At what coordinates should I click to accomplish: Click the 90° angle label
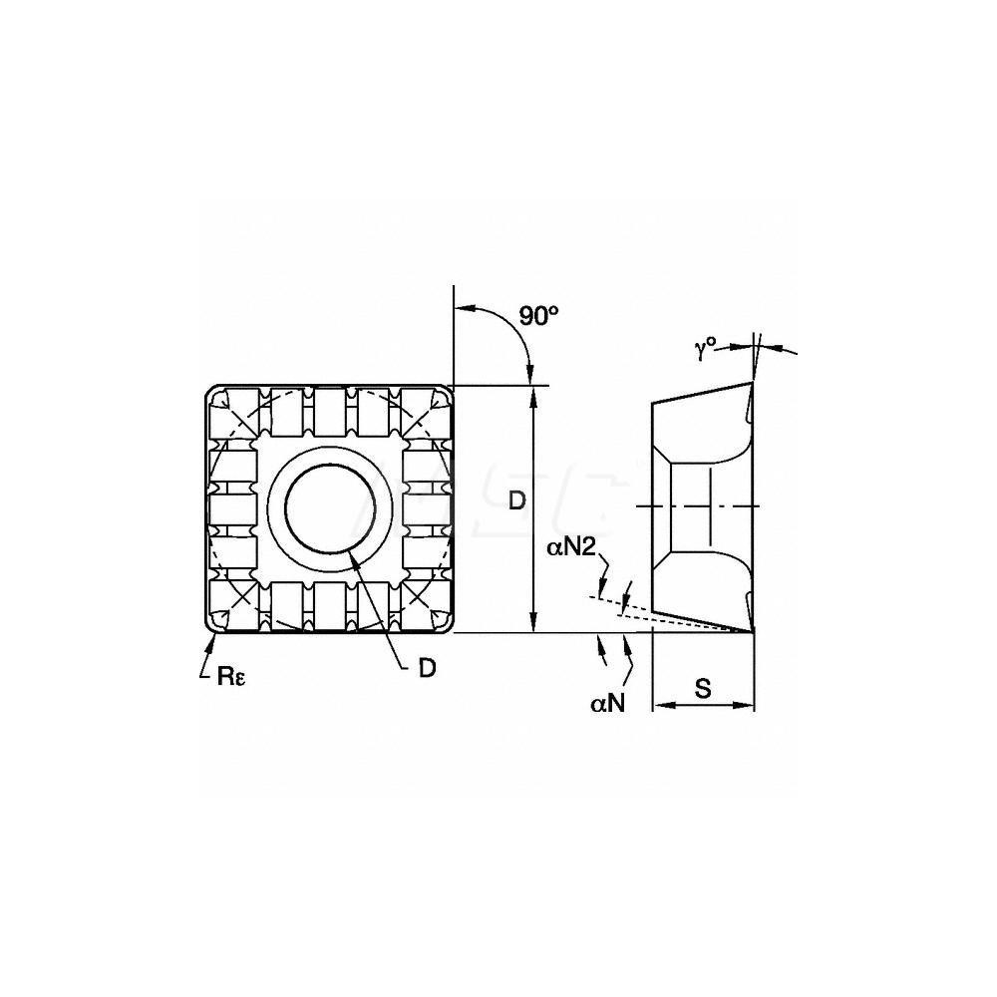click(x=539, y=316)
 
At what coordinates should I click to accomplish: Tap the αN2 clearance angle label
click(x=571, y=546)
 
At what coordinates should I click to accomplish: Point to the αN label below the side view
click(x=607, y=704)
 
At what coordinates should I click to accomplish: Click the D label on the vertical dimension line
click(x=516, y=502)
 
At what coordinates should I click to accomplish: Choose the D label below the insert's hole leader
click(x=427, y=669)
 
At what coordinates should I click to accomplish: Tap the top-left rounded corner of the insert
click(x=211, y=391)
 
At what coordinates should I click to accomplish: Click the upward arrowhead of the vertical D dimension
click(x=536, y=392)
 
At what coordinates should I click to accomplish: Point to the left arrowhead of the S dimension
click(x=657, y=705)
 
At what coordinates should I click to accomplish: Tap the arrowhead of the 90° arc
click(x=529, y=379)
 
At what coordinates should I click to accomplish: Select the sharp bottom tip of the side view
click(x=753, y=631)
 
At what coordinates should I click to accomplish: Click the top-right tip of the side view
click(x=753, y=383)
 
